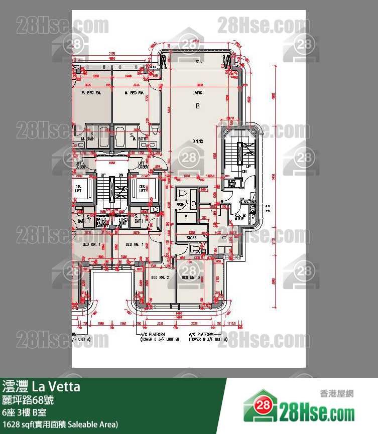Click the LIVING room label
coord(197,93)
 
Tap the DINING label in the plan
coord(198,141)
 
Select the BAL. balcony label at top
coord(199,62)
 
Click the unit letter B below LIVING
coord(198,106)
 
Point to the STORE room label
coord(191,238)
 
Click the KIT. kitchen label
coord(224,238)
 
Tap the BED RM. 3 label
coord(191,277)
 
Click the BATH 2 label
coord(182,205)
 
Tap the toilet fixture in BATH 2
coord(181,193)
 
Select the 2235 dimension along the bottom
coord(160,323)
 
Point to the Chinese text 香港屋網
coord(336,393)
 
